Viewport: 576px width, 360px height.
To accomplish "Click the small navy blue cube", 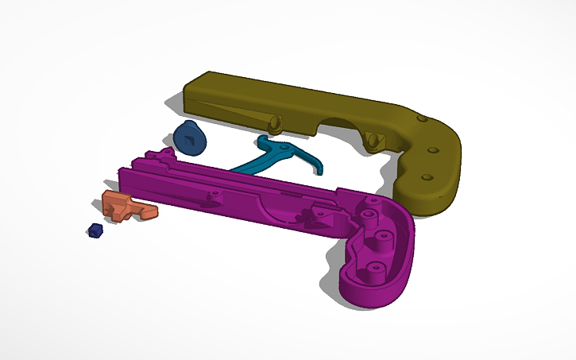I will click(x=95, y=230).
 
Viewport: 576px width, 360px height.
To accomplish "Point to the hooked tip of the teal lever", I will click(x=319, y=169).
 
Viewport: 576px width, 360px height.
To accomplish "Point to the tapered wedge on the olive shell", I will click(x=230, y=111).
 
